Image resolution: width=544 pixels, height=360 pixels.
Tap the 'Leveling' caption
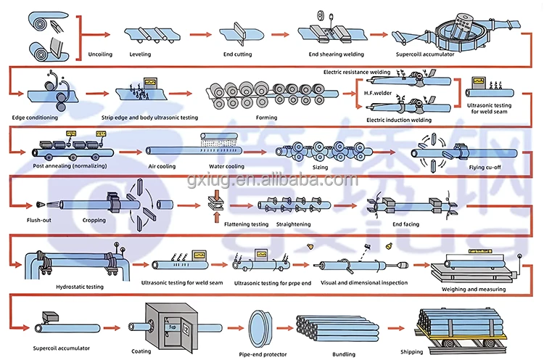(141, 53)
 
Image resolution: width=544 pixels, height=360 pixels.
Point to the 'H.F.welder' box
(378, 93)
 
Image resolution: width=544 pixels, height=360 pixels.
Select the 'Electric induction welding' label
(399, 119)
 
